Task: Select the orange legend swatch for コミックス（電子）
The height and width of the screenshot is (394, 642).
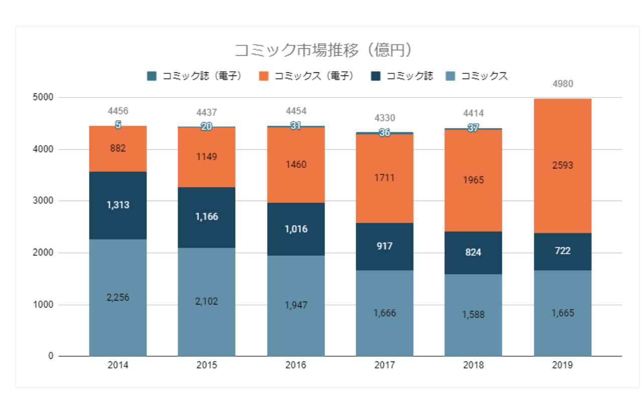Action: pos(263,76)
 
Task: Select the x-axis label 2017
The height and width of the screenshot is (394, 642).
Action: pos(384,365)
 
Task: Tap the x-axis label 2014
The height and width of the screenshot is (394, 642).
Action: pos(118,365)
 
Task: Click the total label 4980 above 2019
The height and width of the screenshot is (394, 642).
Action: pos(563,84)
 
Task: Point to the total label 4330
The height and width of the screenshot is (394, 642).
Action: pos(384,118)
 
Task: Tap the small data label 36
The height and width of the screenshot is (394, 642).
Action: pos(384,133)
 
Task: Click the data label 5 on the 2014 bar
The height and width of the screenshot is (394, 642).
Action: pos(118,125)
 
